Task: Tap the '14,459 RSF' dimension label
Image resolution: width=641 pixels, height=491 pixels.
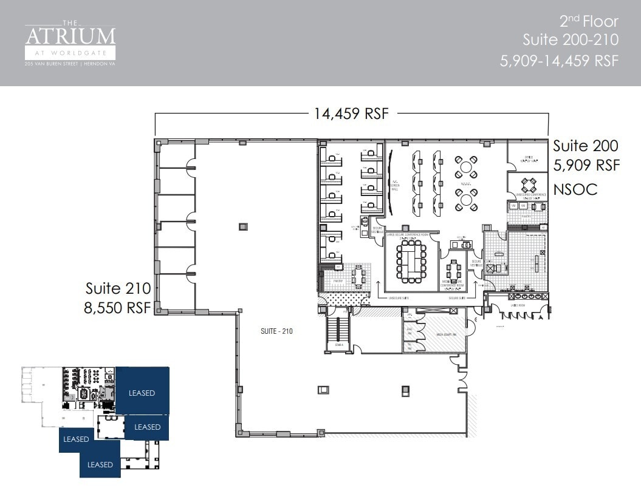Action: (351, 113)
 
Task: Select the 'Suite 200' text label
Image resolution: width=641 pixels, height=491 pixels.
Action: (585, 146)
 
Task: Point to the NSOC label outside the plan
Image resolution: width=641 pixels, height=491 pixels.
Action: (575, 189)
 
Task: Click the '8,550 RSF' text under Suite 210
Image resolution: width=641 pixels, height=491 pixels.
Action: (117, 308)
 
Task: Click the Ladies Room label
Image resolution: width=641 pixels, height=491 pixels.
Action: (518, 305)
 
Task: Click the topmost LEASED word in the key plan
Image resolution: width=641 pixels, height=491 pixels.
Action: (142, 393)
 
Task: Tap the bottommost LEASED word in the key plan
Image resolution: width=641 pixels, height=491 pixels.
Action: (100, 464)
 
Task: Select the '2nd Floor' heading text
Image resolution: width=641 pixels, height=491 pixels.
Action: (588, 22)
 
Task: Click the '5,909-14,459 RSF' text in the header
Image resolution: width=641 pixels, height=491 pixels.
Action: (558, 61)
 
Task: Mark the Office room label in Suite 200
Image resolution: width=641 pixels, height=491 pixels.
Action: (528, 157)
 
